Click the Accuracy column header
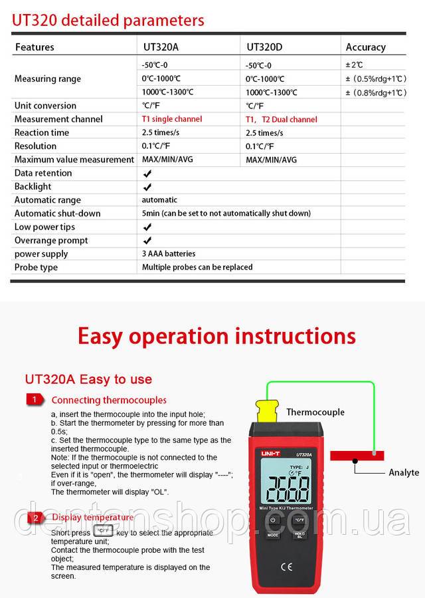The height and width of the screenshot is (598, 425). pyautogui.click(x=365, y=47)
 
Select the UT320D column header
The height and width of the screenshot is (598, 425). pyautogui.click(x=264, y=47)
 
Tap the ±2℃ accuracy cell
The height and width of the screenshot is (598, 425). pyautogui.click(x=355, y=65)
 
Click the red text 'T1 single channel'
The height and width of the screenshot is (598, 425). pyautogui.click(x=172, y=119)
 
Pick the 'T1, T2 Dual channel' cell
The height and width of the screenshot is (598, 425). pyautogui.click(x=282, y=120)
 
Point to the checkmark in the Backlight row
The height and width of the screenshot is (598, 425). pyautogui.click(x=147, y=187)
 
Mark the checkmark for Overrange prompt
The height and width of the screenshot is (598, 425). pyautogui.click(x=147, y=241)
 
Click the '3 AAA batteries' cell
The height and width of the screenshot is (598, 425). pyautogui.click(x=169, y=253)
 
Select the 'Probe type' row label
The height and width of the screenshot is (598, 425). pyautogui.click(x=36, y=267)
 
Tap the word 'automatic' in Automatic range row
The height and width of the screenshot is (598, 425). pyautogui.click(x=159, y=200)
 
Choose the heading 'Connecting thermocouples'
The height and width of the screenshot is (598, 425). pyautogui.click(x=109, y=400)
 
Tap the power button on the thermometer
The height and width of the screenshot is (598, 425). pyautogui.click(x=273, y=520)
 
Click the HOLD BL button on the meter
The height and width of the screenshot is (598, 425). pyautogui.click(x=299, y=534)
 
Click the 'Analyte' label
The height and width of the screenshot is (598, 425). pyautogui.click(x=404, y=472)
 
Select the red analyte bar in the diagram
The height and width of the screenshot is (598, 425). pyautogui.click(x=357, y=456)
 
